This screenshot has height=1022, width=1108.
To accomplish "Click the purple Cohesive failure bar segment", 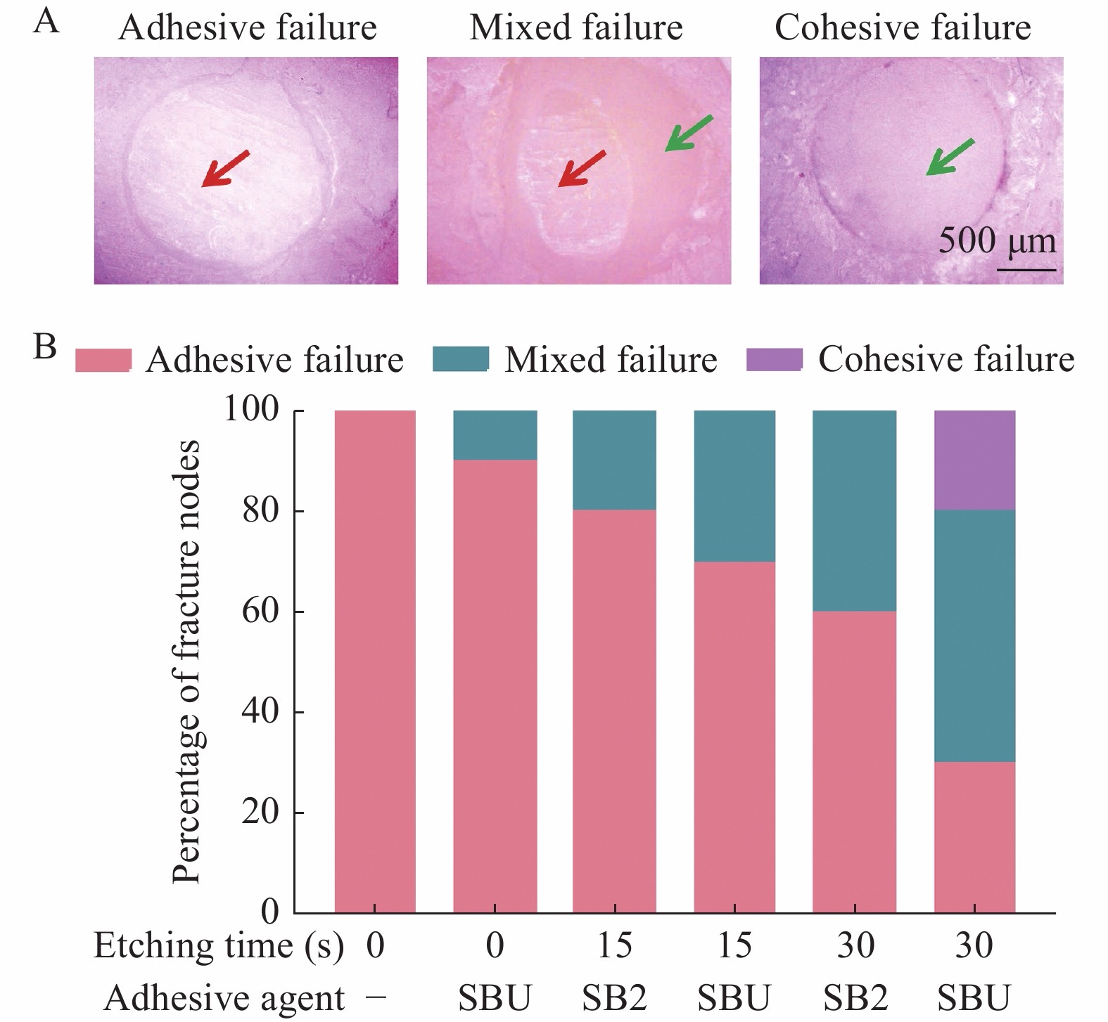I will click(974, 460).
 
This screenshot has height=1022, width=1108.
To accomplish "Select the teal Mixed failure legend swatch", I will click(460, 359).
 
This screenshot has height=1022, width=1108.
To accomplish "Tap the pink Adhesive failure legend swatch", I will click(103, 359).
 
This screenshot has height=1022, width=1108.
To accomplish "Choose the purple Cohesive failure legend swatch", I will click(774, 359).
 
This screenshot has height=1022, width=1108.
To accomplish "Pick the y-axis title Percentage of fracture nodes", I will click(186, 661).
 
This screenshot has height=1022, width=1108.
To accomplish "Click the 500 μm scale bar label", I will click(997, 241).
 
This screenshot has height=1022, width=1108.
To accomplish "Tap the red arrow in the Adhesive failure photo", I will click(224, 169).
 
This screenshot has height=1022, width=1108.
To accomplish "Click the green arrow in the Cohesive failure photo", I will click(949, 157).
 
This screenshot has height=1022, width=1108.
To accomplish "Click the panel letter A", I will click(46, 21).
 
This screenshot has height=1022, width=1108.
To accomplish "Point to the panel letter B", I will click(45, 347).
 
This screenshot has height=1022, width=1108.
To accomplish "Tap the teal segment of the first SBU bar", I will click(495, 435).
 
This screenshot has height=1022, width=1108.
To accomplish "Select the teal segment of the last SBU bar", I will click(974, 635).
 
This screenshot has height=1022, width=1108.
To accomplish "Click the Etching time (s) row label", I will click(218, 945).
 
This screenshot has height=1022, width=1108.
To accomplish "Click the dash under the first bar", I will click(376, 997).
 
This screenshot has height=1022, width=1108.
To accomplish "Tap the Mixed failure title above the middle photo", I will click(576, 28).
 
